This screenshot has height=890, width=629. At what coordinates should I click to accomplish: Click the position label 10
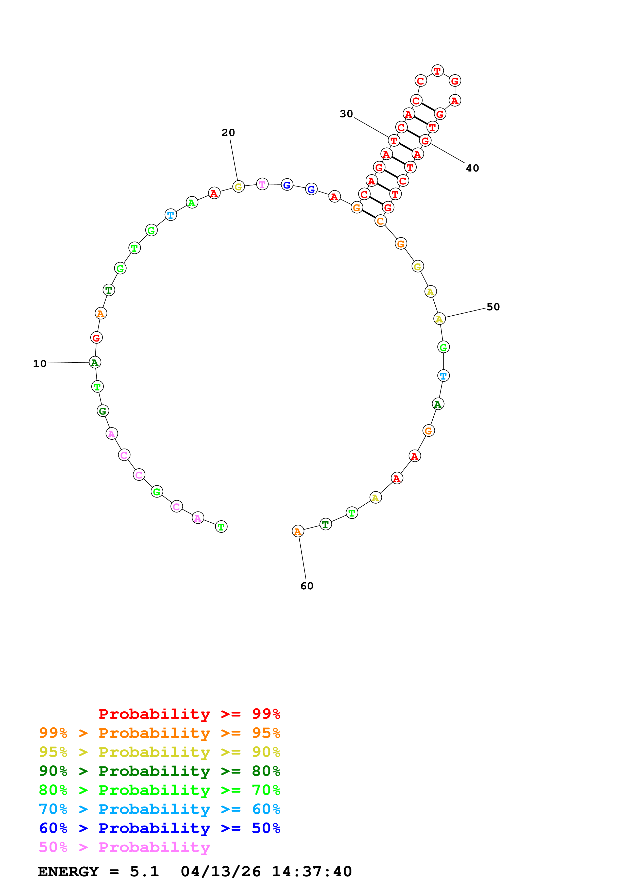pyautogui.click(x=40, y=364)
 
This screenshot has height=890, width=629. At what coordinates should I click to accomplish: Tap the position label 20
pyautogui.click(x=228, y=133)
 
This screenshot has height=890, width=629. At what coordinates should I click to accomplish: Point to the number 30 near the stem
pyautogui.click(x=346, y=114)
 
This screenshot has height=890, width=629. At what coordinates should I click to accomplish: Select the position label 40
pyautogui.click(x=472, y=168)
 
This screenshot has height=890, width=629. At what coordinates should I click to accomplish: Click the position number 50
pyautogui.click(x=493, y=307)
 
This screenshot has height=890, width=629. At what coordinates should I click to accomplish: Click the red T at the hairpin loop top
pyautogui.click(x=437, y=71)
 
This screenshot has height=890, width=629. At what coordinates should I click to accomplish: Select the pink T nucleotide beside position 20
pyautogui.click(x=262, y=184)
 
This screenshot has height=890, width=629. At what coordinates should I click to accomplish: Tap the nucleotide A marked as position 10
pyautogui.click(x=95, y=363)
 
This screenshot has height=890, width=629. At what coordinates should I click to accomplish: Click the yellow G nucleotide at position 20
pyautogui.click(x=238, y=187)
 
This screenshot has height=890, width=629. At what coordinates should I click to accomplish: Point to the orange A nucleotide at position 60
pyautogui.click(x=298, y=532)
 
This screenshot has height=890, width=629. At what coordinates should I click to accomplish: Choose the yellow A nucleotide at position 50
pyautogui.click(x=439, y=319)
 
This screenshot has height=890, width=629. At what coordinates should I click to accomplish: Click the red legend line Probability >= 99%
pyautogui.click(x=189, y=714)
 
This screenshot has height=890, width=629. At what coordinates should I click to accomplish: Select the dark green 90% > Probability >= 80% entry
pyautogui.click(x=159, y=771)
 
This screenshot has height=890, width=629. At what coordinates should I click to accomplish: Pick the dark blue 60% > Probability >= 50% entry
pyautogui.click(x=159, y=828)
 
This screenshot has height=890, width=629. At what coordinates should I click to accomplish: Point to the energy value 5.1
pyautogui.click(x=144, y=872)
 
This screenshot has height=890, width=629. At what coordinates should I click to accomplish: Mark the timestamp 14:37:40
pyautogui.click(x=312, y=872)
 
